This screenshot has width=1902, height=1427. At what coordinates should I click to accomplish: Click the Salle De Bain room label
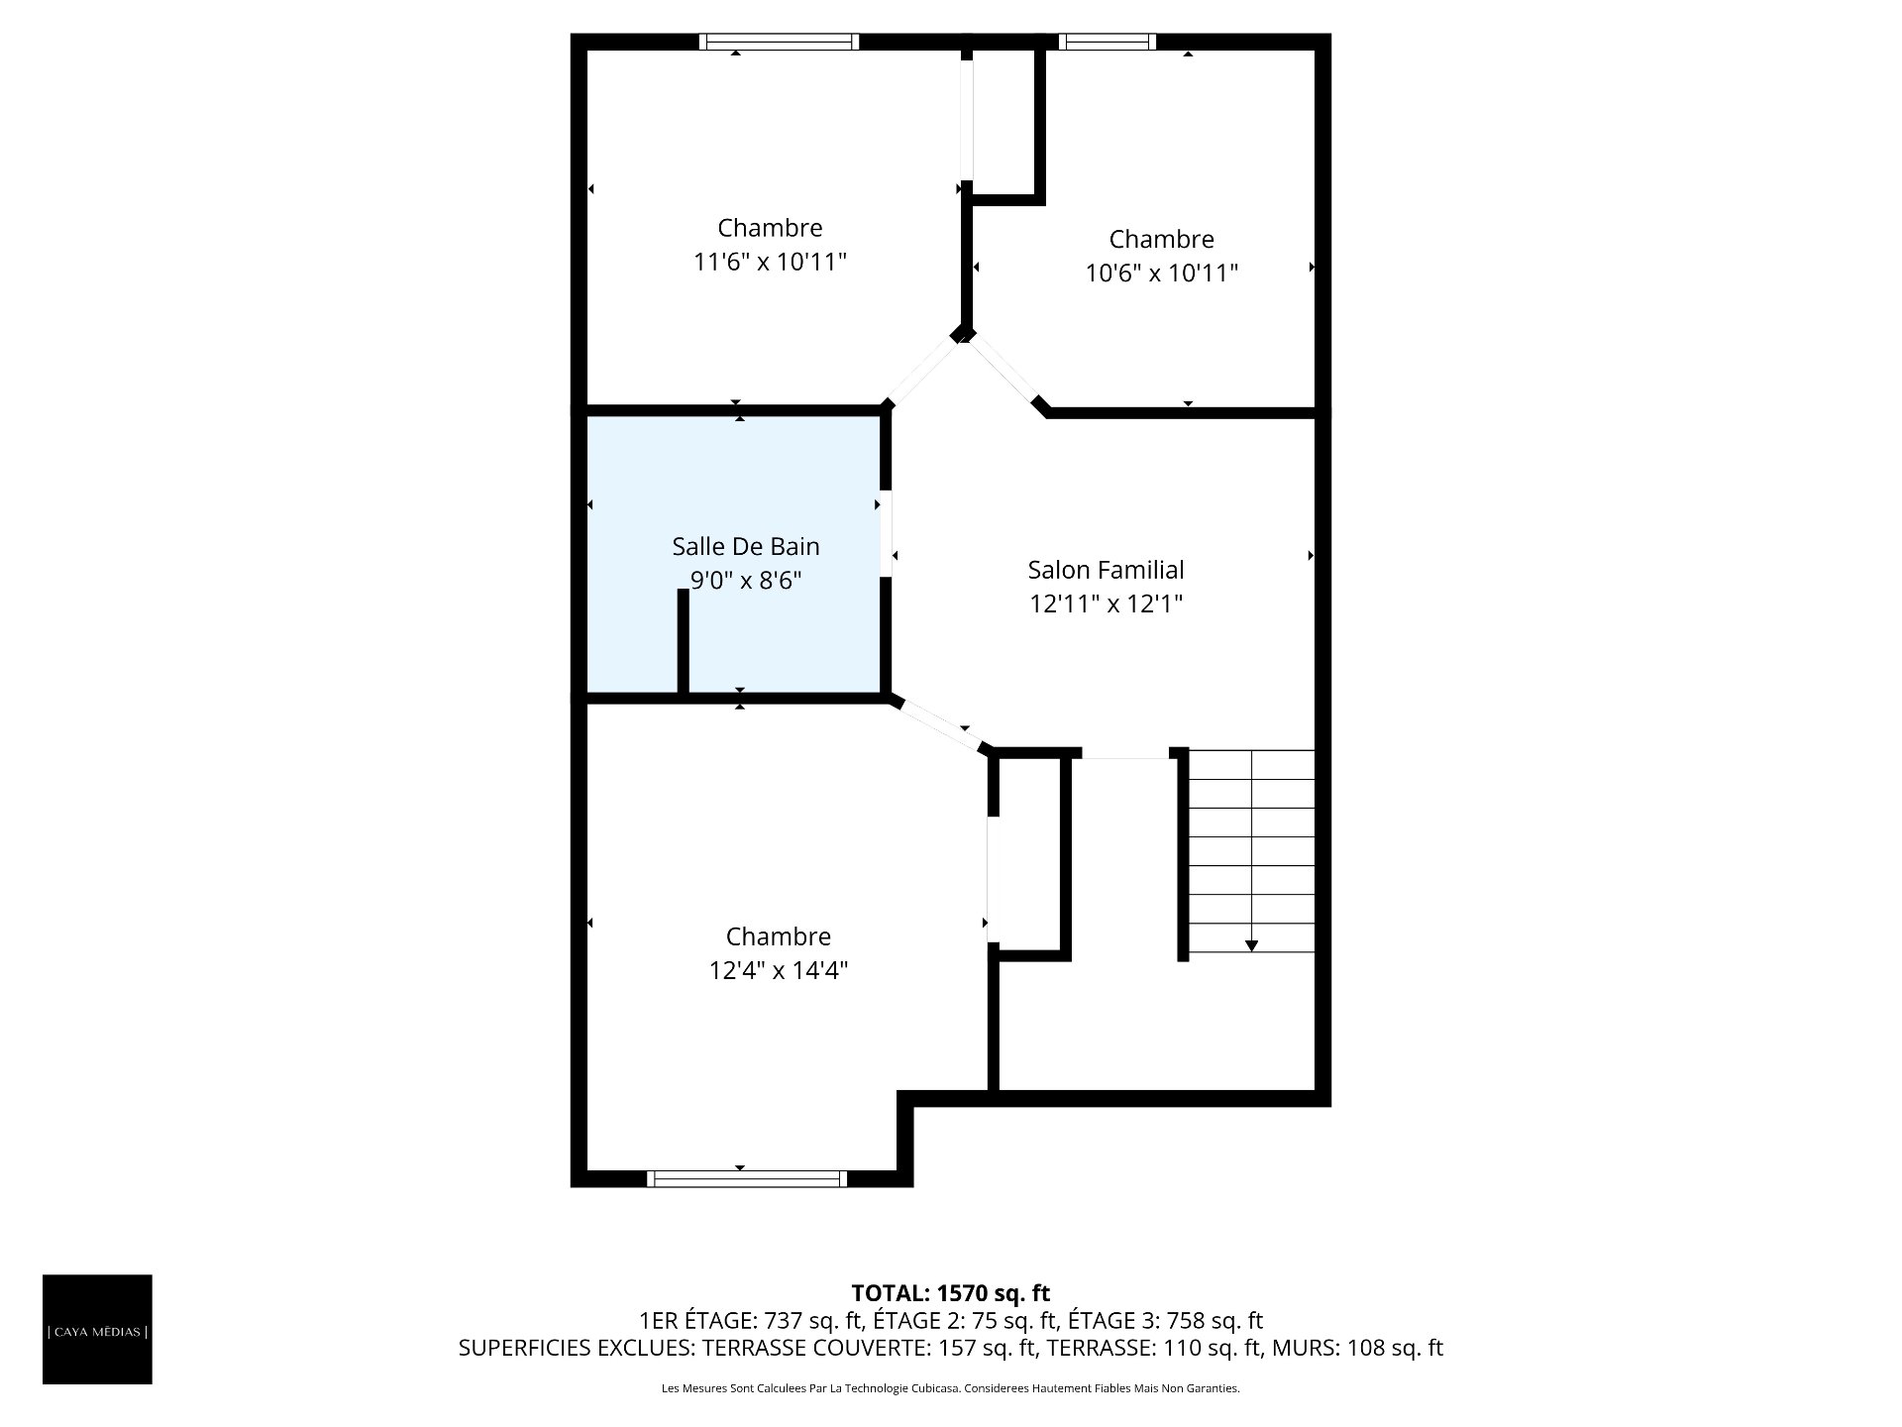(746, 546)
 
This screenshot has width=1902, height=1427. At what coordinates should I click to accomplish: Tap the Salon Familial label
(1106, 570)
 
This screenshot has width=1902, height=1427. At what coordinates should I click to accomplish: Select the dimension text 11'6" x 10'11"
(770, 263)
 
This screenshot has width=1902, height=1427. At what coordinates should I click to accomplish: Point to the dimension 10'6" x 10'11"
(1161, 274)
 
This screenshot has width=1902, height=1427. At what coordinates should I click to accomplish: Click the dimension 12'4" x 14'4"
(778, 971)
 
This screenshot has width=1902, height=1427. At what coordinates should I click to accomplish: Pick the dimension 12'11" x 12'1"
(1106, 604)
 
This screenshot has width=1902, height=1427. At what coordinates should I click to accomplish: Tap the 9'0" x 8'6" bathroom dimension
(746, 581)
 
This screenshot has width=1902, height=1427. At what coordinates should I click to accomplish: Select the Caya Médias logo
(97, 1329)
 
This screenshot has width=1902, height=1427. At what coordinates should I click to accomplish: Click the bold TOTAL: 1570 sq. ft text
(950, 1293)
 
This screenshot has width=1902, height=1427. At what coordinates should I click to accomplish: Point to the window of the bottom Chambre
(747, 1178)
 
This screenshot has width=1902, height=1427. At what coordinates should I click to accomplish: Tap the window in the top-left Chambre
(779, 42)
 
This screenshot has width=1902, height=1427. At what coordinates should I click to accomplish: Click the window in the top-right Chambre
(1107, 42)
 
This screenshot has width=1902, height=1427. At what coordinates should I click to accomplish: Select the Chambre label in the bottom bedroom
(778, 936)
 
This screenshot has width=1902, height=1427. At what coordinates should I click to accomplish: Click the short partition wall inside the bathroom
(683, 641)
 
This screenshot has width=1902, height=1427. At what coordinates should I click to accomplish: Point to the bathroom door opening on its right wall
(886, 533)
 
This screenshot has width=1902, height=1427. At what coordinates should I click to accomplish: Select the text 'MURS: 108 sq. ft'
(1357, 1348)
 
